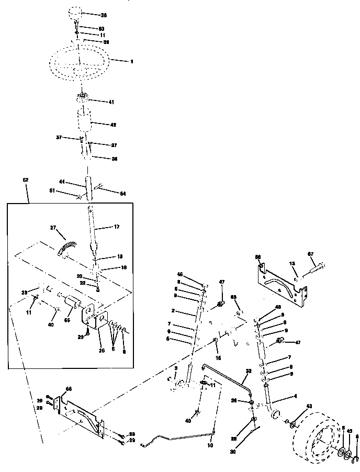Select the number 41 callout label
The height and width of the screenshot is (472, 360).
(x=111, y=102)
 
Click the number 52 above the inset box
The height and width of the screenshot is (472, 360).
(x=25, y=179)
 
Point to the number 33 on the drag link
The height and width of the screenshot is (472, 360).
(x=249, y=370)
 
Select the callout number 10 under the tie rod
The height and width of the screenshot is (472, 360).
(x=210, y=445)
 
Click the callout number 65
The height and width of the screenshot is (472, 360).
(x=234, y=297)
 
